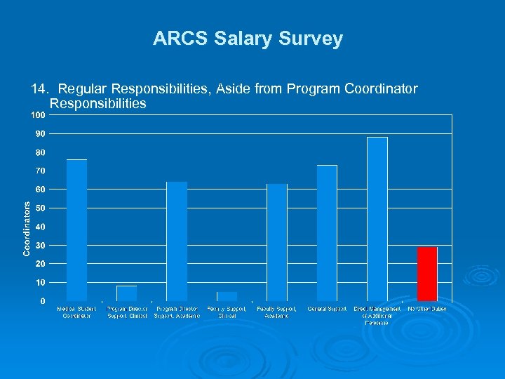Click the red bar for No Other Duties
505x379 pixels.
coord(427,274)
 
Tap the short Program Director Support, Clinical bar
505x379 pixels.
coord(127,293)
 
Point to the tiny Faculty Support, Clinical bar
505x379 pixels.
coord(227,296)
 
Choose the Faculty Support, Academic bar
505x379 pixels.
coord(277,242)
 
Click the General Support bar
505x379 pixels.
coord(327,233)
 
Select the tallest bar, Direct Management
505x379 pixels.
coord(377,219)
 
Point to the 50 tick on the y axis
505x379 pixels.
coord(41,208)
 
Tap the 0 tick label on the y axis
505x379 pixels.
coord(43,301)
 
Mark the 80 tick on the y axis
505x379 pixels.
coord(41,152)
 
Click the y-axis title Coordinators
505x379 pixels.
coord(26,229)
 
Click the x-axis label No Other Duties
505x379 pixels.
coord(427,309)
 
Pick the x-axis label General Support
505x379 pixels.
coord(327,309)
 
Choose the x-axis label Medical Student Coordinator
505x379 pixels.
coord(76,312)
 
